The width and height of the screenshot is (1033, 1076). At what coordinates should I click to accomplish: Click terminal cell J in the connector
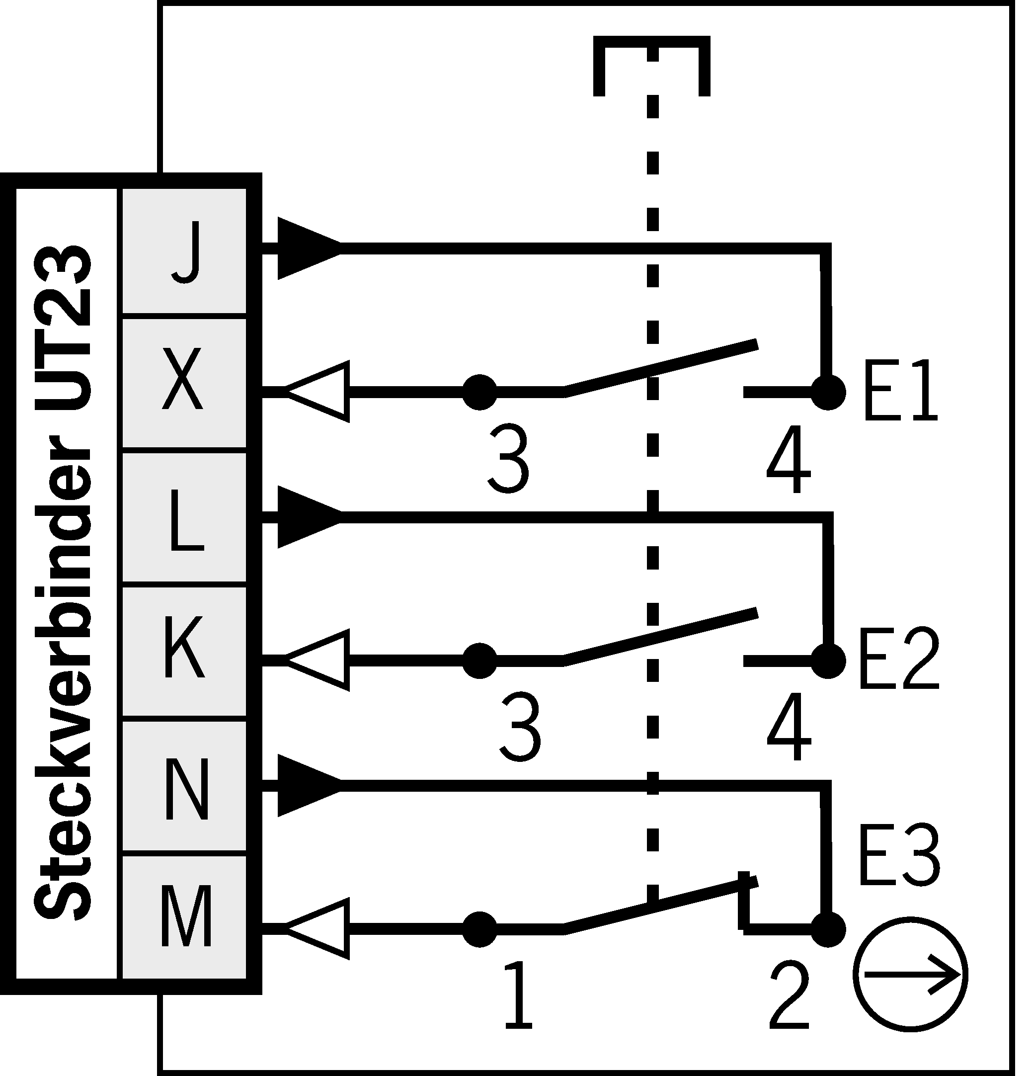[184, 251]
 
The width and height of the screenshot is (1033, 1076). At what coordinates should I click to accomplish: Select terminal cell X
[184, 383]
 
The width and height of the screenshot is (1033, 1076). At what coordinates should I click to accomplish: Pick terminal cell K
[184, 651]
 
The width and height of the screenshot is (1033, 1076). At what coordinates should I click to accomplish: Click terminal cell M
[184, 918]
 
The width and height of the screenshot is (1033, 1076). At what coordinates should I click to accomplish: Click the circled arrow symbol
[911, 975]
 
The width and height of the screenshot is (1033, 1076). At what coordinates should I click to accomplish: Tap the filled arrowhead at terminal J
[308, 248]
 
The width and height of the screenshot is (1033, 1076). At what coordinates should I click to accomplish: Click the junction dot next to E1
[828, 393]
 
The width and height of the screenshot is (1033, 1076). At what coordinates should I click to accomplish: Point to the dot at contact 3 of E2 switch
[479, 661]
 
